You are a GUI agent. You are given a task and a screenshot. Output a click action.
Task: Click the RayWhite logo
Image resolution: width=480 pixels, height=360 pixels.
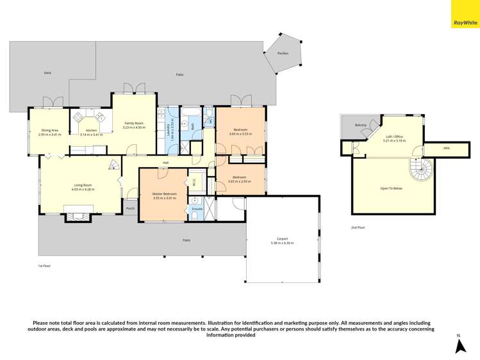465,14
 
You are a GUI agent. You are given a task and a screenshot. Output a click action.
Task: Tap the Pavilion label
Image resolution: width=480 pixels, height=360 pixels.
283,54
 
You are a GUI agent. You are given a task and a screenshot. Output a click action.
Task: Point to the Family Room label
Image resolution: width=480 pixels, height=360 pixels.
135,123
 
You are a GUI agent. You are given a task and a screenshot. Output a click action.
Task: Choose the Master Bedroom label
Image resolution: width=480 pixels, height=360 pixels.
165,193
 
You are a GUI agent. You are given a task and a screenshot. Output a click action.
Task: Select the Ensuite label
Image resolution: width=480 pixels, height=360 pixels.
197,209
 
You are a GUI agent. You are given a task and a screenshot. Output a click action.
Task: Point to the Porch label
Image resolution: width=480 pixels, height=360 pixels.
130,208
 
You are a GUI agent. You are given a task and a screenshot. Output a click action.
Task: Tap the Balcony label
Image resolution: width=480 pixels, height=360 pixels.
352,126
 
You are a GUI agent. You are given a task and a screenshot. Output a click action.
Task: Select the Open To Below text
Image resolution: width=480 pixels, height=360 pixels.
391,188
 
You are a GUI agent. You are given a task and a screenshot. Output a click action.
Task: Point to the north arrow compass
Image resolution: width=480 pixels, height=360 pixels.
459,345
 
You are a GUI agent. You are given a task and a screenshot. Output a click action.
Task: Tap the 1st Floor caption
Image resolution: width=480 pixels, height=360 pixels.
44,265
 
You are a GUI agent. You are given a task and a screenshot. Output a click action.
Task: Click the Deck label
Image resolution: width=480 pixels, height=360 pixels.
47,73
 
